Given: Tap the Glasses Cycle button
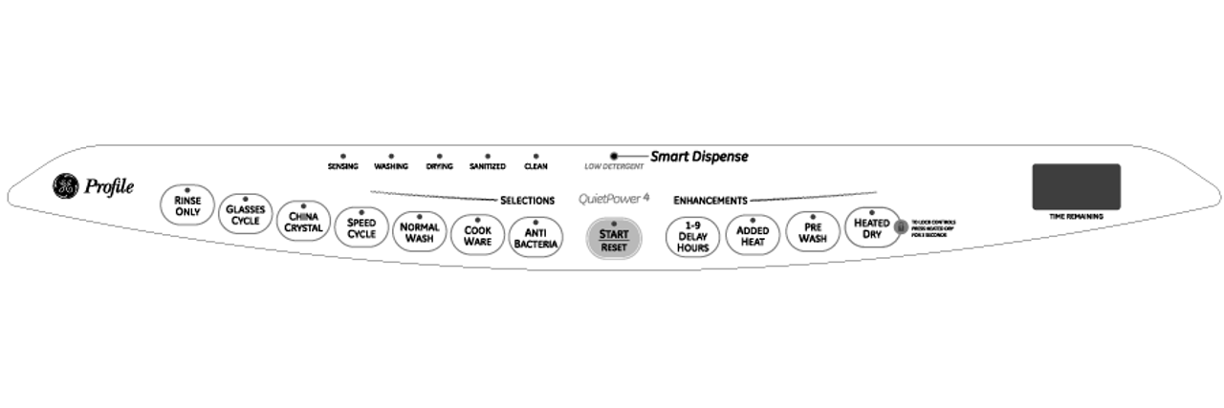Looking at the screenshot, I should pos(246,214).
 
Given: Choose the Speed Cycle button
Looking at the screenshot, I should pos(361,227).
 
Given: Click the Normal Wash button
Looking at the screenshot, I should pos(419,232).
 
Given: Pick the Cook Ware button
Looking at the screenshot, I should pos(477,234).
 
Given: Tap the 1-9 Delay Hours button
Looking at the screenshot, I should pos(693,235).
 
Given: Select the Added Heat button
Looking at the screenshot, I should pos(753,234).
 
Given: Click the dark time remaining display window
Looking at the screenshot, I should pos(1076,186).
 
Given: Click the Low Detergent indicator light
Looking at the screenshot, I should pos(613,155).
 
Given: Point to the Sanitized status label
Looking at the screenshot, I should pos(487,166).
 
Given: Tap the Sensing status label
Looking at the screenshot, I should pos(342,166).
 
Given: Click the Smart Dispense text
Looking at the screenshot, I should pos(699,156).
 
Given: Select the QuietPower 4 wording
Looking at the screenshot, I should pos(614,200).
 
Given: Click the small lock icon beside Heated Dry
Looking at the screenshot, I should pos(899,227).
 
